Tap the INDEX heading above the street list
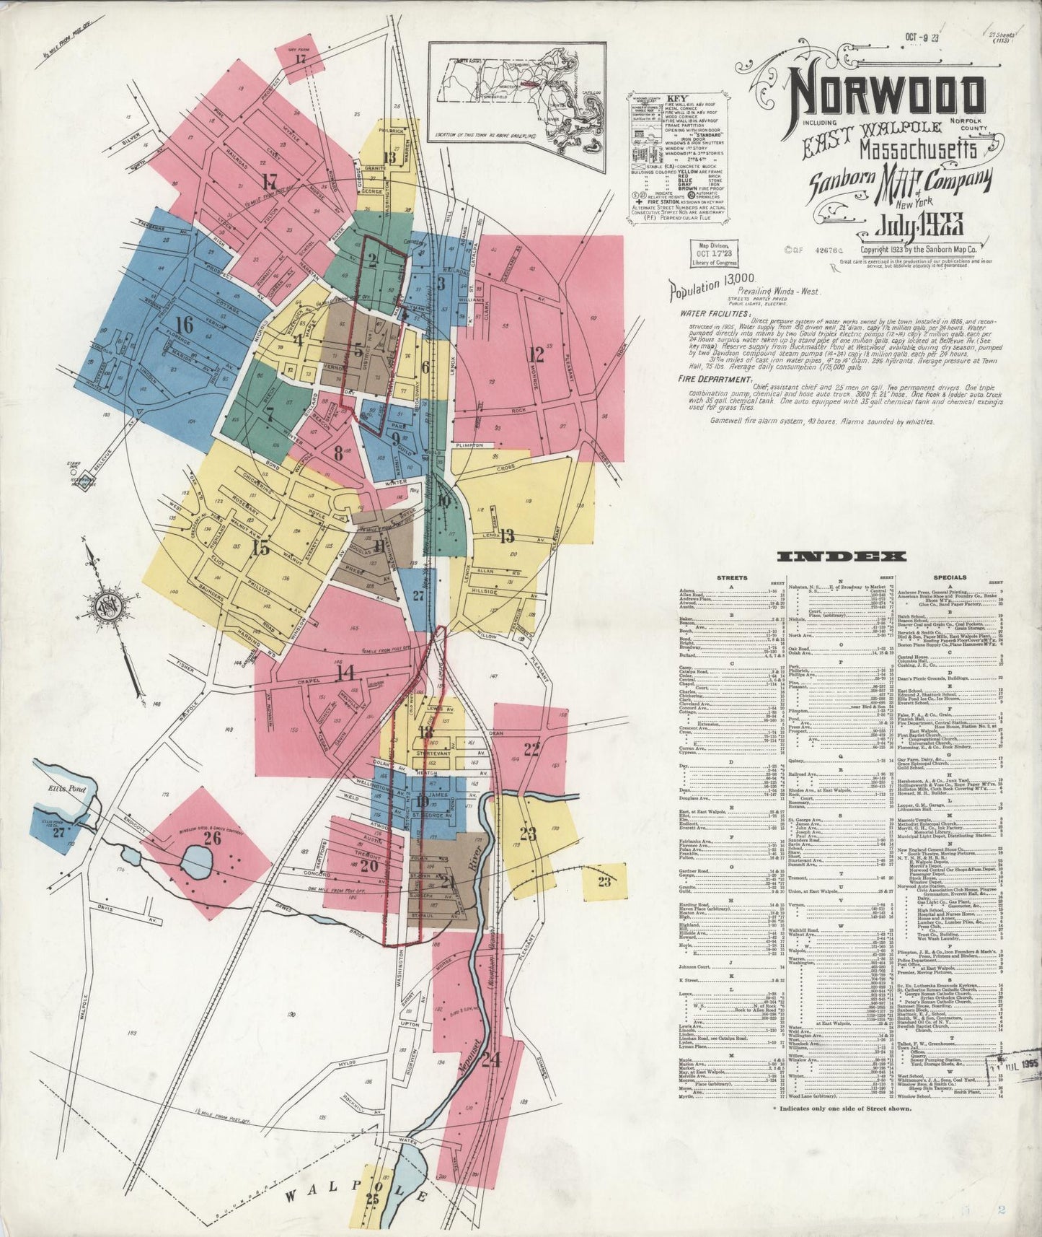[842, 556]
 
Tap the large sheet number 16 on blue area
[185, 325]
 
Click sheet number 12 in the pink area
[535, 354]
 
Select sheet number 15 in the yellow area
[261, 547]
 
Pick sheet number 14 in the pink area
[345, 673]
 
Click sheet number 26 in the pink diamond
[212, 839]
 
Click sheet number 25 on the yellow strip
[372, 1199]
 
